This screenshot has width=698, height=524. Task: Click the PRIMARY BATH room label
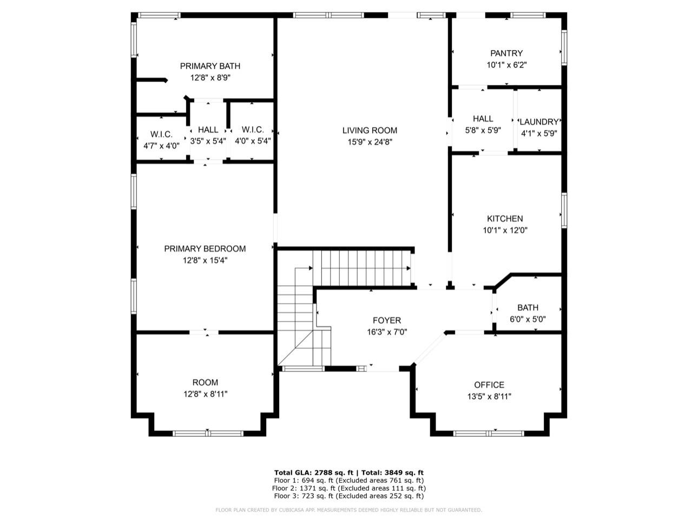210,66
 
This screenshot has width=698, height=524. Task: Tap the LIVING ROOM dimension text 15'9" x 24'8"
370,142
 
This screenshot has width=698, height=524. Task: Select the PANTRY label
506,53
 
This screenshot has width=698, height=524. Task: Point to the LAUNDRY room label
539,122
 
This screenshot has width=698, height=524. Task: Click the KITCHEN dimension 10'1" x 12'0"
505,230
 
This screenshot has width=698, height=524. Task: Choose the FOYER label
387,320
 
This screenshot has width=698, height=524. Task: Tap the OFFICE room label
489,385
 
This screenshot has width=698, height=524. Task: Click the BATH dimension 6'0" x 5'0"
528,319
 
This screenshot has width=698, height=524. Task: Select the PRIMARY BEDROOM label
205,249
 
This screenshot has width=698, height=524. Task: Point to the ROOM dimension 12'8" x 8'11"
205,394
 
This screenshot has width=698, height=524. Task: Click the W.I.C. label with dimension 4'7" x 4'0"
161,134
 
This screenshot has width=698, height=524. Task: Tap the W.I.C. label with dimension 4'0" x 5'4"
253,130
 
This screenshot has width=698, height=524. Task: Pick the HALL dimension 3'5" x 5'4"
208,141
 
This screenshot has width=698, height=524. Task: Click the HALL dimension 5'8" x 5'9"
483,130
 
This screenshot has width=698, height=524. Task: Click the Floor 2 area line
349,488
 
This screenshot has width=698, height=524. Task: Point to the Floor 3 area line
349,496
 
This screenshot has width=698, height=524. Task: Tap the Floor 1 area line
349,480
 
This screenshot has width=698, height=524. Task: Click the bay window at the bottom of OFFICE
489,433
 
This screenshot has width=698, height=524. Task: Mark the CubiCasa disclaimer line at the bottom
349,510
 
